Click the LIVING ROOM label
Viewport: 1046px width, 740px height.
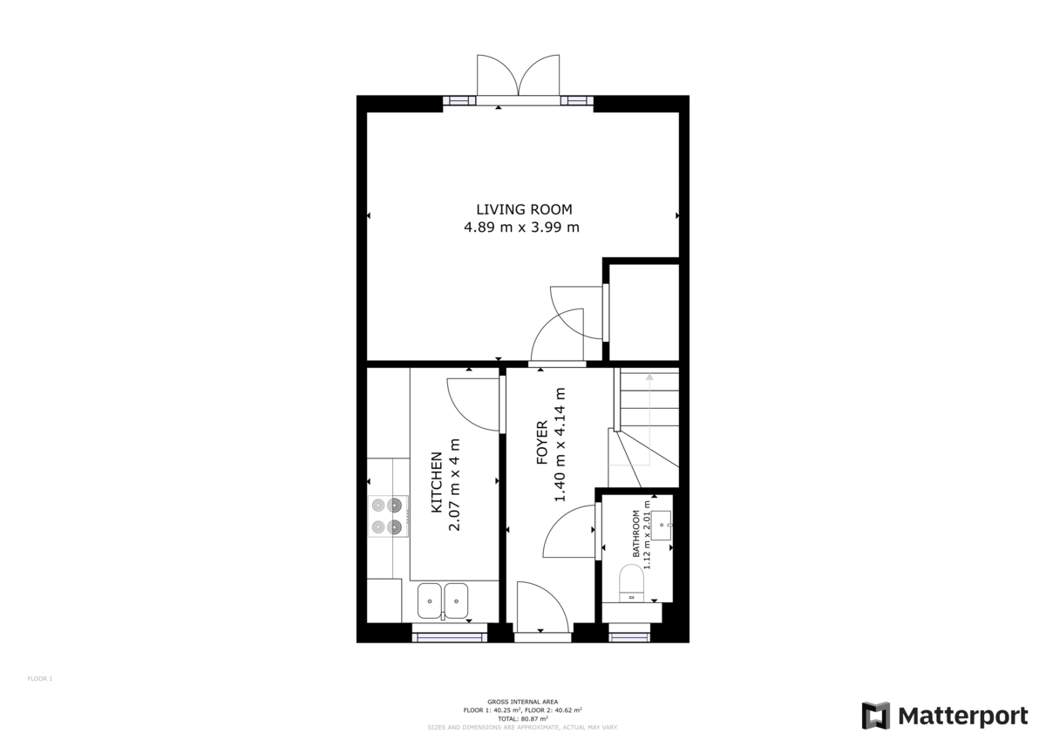(x=524, y=209)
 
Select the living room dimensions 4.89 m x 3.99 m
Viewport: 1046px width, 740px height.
(x=522, y=227)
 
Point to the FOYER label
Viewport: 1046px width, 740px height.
(x=541, y=442)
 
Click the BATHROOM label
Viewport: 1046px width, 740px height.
(x=636, y=534)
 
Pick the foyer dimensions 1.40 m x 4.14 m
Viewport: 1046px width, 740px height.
(x=560, y=445)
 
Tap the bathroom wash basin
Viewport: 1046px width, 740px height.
(x=662, y=526)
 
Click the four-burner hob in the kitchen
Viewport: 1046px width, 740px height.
(x=388, y=515)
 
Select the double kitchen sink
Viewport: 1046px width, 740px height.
(x=443, y=600)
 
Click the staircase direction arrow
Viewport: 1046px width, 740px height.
(x=648, y=377)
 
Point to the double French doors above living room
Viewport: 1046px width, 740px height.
(x=518, y=77)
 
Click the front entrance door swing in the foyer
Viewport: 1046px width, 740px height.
(x=540, y=606)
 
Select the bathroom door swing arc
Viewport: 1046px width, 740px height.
(x=571, y=533)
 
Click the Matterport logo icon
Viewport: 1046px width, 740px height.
(x=875, y=715)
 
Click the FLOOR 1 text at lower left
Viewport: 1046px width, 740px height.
(x=40, y=678)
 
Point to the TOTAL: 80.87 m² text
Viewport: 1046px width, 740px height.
(x=522, y=718)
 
